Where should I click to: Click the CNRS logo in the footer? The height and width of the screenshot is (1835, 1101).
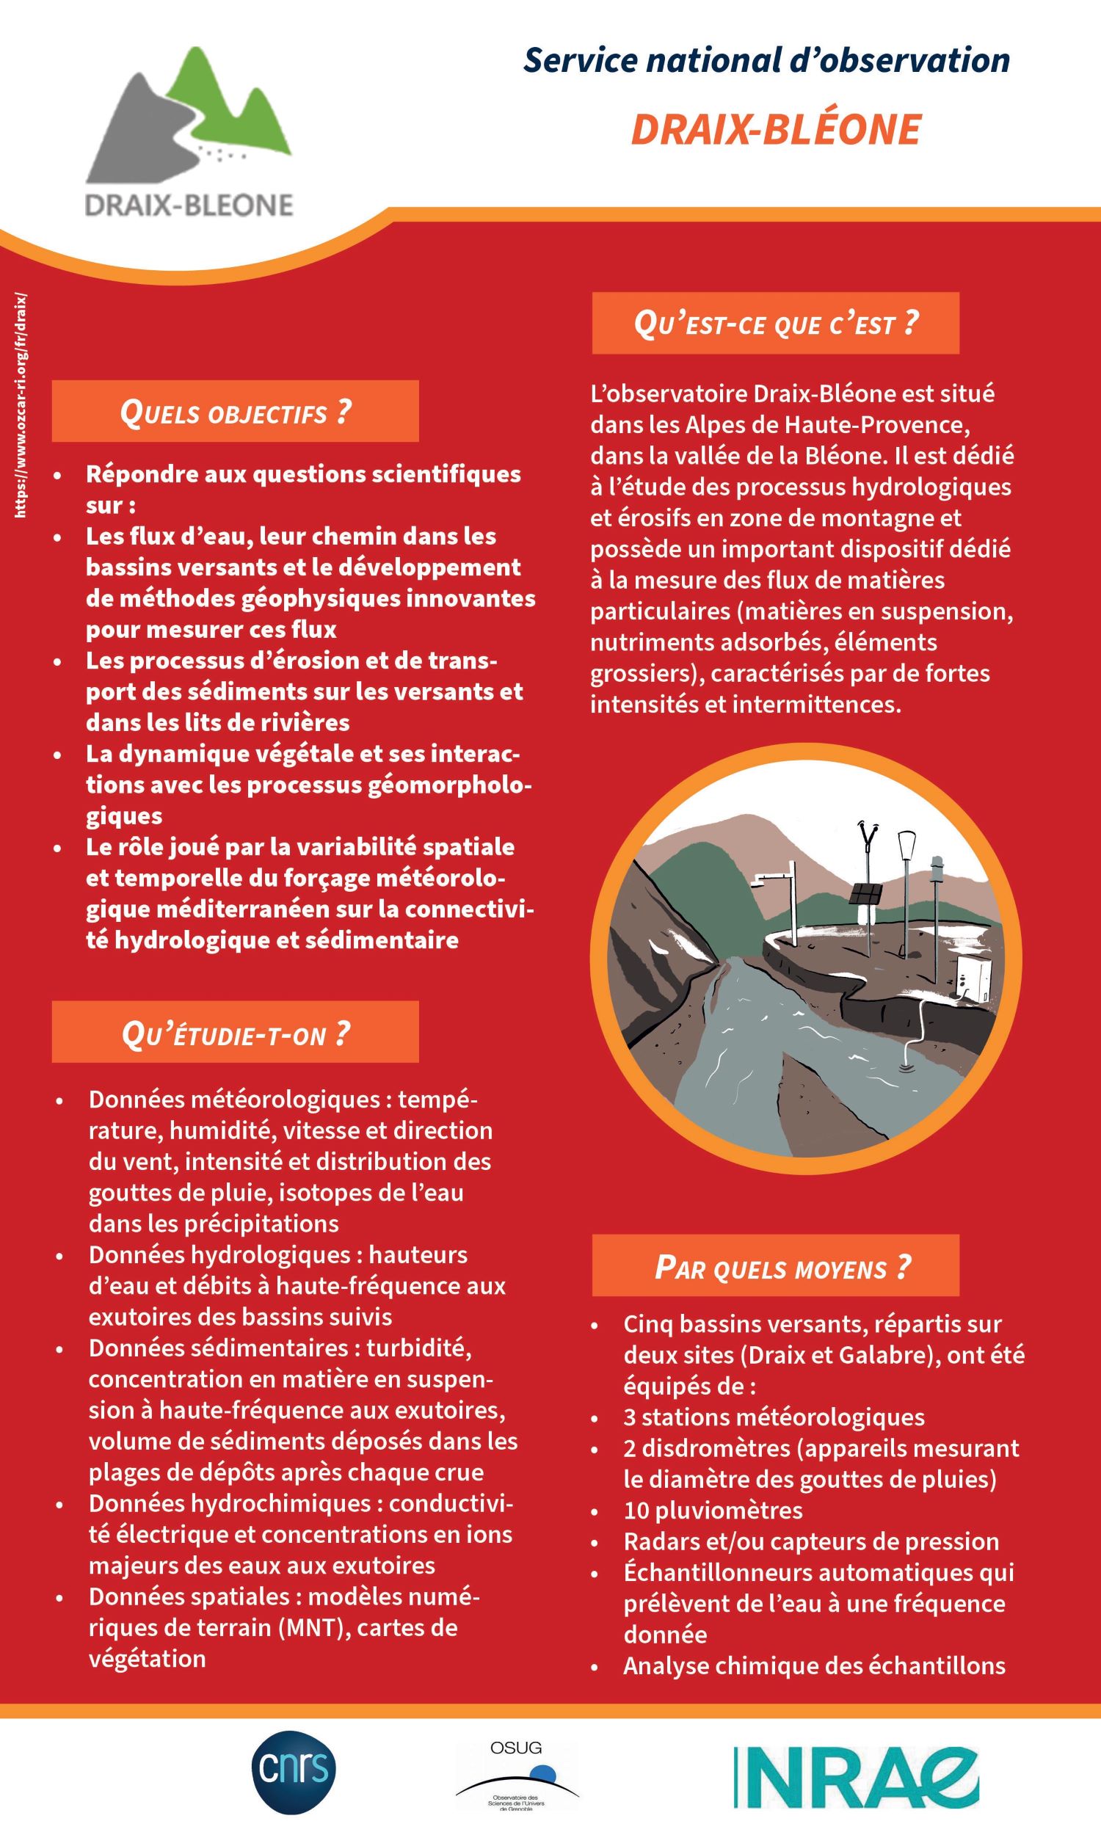[x=294, y=1772]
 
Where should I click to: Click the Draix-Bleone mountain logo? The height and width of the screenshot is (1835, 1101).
[x=190, y=134]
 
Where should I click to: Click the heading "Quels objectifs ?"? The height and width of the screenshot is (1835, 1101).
[x=235, y=412]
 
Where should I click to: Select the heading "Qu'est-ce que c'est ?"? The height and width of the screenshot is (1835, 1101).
[x=775, y=324]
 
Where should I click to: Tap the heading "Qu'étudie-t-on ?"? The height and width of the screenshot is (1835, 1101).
[x=235, y=1033]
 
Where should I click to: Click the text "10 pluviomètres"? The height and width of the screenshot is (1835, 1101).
[x=713, y=1509]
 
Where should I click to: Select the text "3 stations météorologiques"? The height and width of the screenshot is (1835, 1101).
[x=774, y=1417]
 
